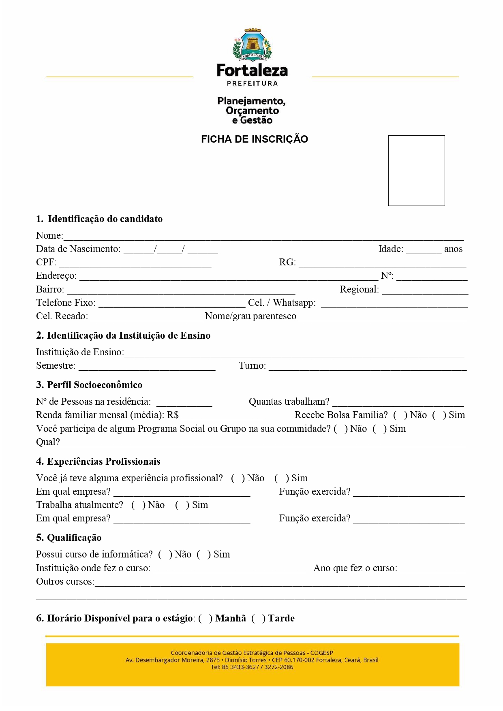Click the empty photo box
(416, 171)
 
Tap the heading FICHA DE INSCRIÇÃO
(255, 139)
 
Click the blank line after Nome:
(263, 236)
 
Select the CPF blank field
(135, 263)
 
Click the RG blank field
(382, 263)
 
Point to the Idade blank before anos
(424, 250)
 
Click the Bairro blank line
(181, 290)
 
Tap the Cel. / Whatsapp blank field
(394, 304)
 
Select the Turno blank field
(368, 367)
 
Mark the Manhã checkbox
(205, 619)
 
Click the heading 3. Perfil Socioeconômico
(89, 385)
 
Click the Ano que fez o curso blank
(433, 569)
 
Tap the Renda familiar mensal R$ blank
(222, 416)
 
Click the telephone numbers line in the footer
(252, 667)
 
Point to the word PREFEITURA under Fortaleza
(252, 83)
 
